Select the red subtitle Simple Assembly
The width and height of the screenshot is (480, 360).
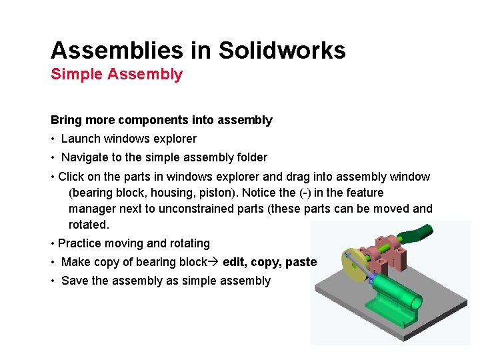[x=117, y=74]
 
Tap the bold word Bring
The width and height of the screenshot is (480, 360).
[x=66, y=121]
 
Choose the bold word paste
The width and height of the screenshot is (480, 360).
[x=301, y=262]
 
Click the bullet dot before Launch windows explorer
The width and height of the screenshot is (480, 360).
[x=53, y=139]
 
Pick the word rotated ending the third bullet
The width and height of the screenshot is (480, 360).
[x=87, y=225]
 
